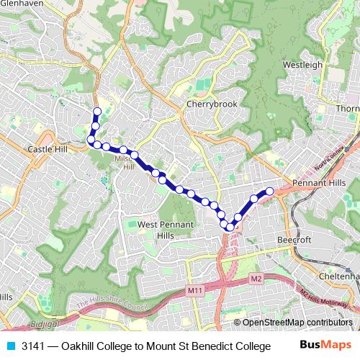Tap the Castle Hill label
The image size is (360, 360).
coord(46,148)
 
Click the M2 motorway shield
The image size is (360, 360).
coord(256,278)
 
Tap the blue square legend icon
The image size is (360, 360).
coord(9,346)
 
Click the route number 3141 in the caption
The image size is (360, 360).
coord(33,346)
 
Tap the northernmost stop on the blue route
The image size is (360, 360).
coord(96,111)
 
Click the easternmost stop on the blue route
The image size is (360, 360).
coord(270,191)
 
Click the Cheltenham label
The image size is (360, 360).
coord(341,275)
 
